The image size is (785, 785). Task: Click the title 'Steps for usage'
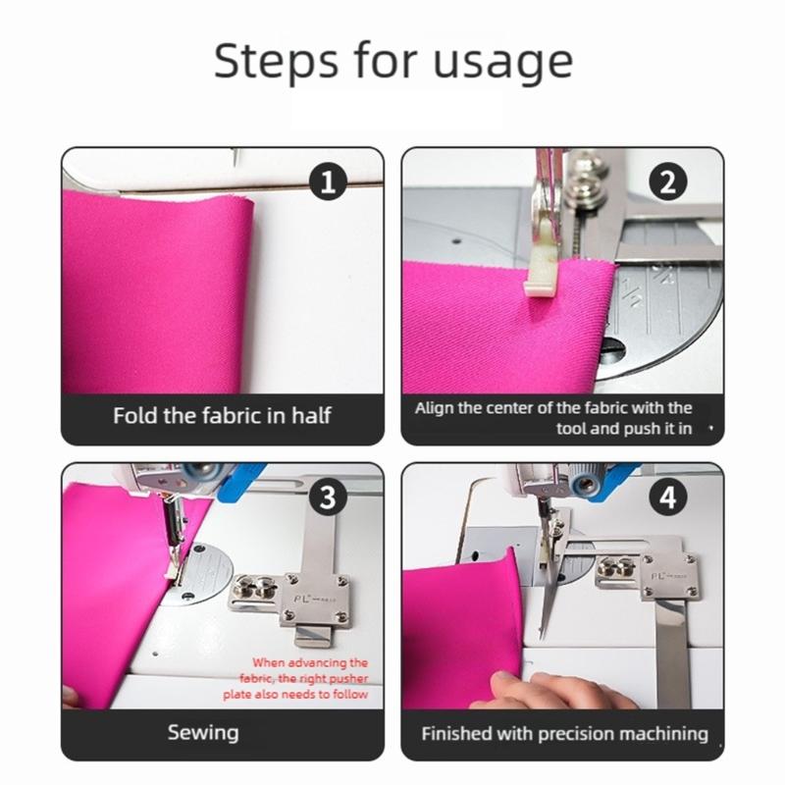click(392, 62)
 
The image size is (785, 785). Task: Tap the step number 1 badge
click(328, 183)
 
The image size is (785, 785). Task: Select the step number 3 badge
click(328, 497)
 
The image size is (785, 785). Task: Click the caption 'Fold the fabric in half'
click(222, 415)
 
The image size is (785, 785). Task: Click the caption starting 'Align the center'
click(553, 417)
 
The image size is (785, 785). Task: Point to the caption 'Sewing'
click(203, 732)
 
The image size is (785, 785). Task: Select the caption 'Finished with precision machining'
click(564, 733)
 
